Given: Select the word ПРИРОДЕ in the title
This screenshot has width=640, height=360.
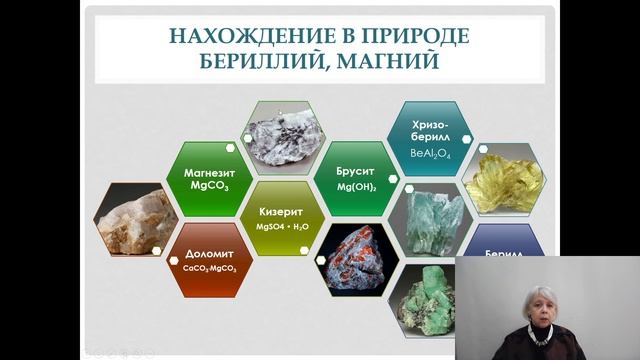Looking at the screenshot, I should (x=404, y=36).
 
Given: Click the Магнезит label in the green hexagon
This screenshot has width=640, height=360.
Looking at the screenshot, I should (x=209, y=171).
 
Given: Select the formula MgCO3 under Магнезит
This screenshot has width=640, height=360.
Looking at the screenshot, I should (x=209, y=185).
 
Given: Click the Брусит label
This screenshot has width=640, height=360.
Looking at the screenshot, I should (x=351, y=171).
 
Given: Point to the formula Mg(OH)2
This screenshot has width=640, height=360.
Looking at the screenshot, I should (x=351, y=186).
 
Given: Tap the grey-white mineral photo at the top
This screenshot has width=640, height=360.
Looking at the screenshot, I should (x=279, y=136).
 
